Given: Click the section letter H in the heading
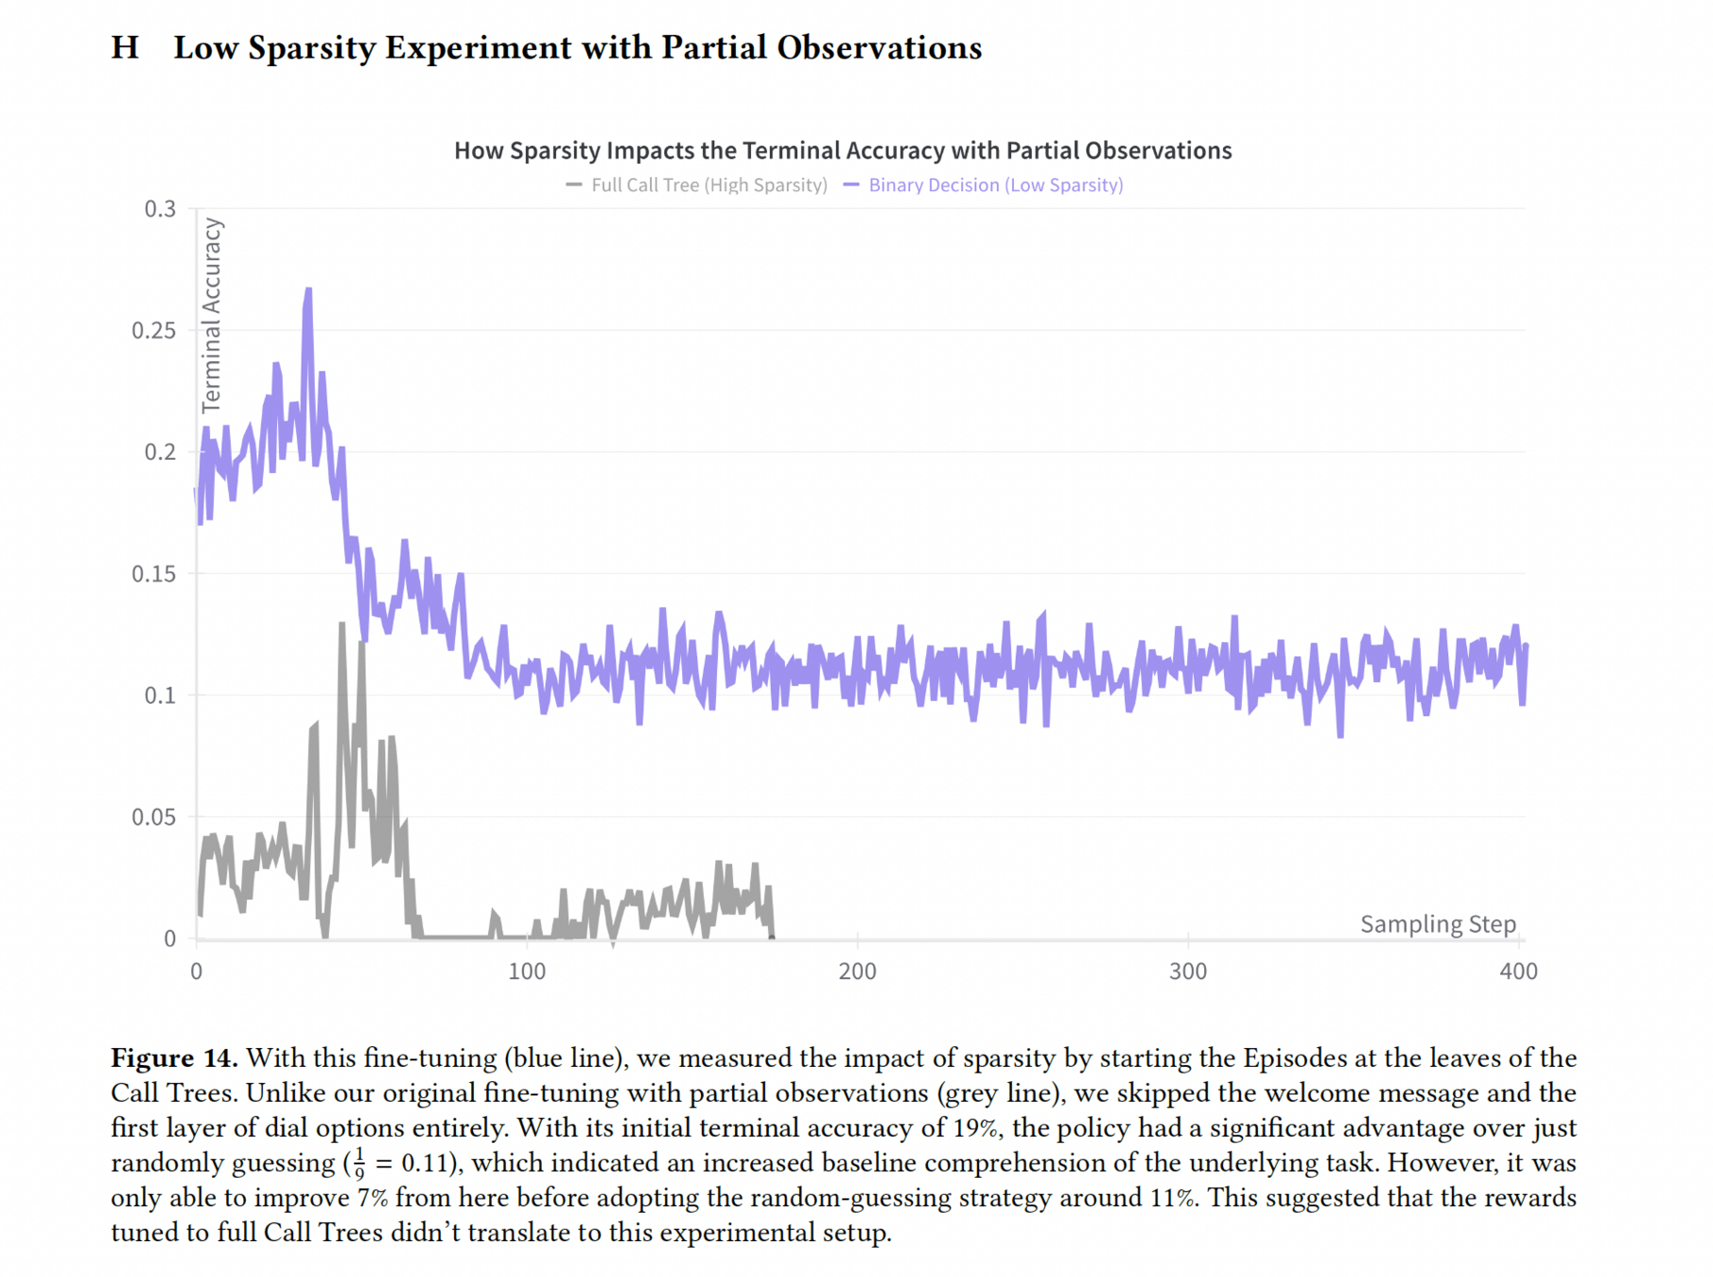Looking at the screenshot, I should click(124, 47).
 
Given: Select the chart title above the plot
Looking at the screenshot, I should click(842, 150).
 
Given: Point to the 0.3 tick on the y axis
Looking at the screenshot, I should click(160, 209).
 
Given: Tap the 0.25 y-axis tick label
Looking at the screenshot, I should click(154, 330).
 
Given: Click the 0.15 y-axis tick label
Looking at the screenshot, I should click(154, 574).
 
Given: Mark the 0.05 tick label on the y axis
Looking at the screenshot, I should click(154, 817).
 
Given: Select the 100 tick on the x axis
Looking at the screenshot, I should click(527, 971).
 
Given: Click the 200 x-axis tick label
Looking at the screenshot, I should click(857, 971).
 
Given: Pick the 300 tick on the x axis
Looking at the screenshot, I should click(1188, 971).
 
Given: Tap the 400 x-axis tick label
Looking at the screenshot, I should click(1518, 971).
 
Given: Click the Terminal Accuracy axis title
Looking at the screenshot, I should click(212, 315).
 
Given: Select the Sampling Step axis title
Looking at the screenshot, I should click(1438, 924).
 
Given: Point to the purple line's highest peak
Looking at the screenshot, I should click(308, 290).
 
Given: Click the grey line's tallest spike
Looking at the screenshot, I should click(341, 624).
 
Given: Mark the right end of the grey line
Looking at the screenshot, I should click(773, 936).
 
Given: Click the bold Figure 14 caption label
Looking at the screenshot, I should click(174, 1058).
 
